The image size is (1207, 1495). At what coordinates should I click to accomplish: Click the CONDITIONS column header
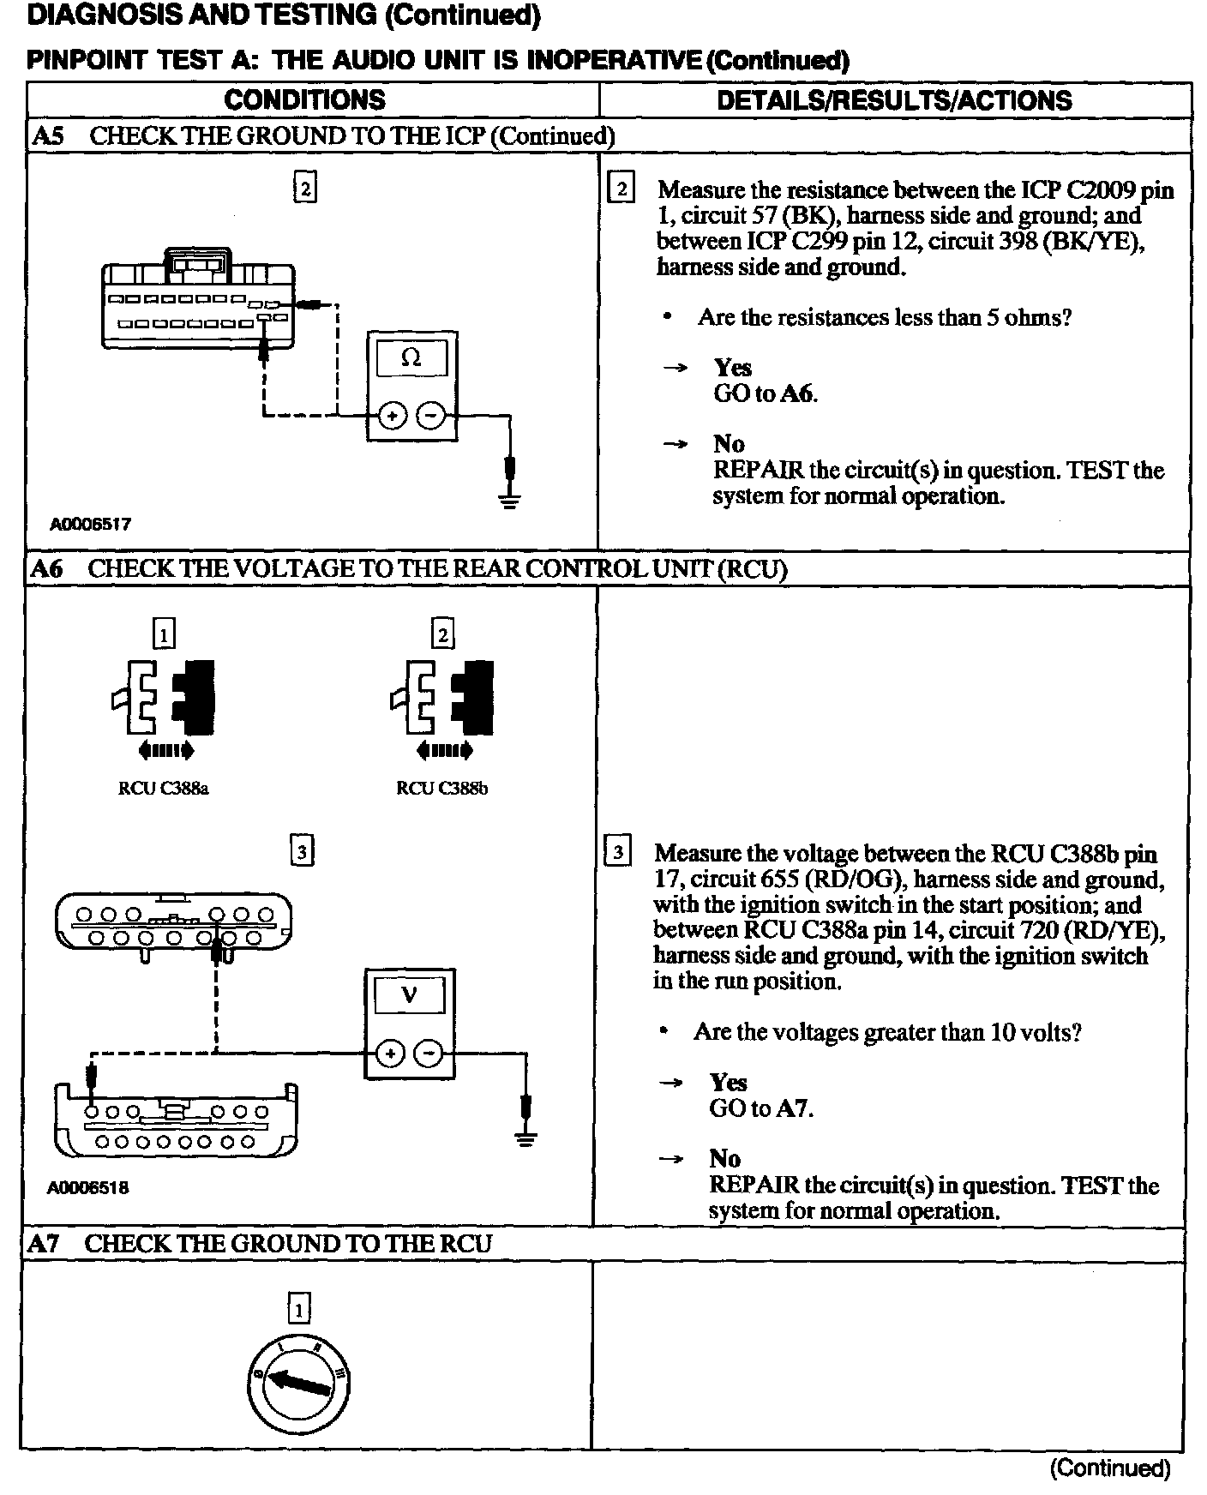304,99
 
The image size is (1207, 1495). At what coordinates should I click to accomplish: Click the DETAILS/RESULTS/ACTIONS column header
894,100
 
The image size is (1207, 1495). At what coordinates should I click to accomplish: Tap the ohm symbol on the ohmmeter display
411,358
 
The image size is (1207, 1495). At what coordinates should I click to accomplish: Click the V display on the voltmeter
409,995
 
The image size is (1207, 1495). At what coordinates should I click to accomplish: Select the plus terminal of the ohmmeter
392,417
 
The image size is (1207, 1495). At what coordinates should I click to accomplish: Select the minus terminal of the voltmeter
429,1053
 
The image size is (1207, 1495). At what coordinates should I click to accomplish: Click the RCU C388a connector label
163,789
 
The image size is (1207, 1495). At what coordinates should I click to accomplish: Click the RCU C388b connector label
441,789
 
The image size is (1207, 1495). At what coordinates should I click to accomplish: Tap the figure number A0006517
90,524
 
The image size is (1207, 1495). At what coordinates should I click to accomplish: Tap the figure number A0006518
88,1188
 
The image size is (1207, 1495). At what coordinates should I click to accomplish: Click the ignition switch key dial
298,1384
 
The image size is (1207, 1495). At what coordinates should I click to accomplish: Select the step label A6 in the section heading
46,568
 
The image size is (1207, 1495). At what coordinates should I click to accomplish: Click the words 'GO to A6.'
765,393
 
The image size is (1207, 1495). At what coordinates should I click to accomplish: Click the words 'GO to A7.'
760,1108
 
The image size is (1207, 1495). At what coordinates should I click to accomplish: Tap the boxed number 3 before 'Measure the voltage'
617,853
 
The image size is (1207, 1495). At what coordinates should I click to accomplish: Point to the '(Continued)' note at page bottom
1109,1468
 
